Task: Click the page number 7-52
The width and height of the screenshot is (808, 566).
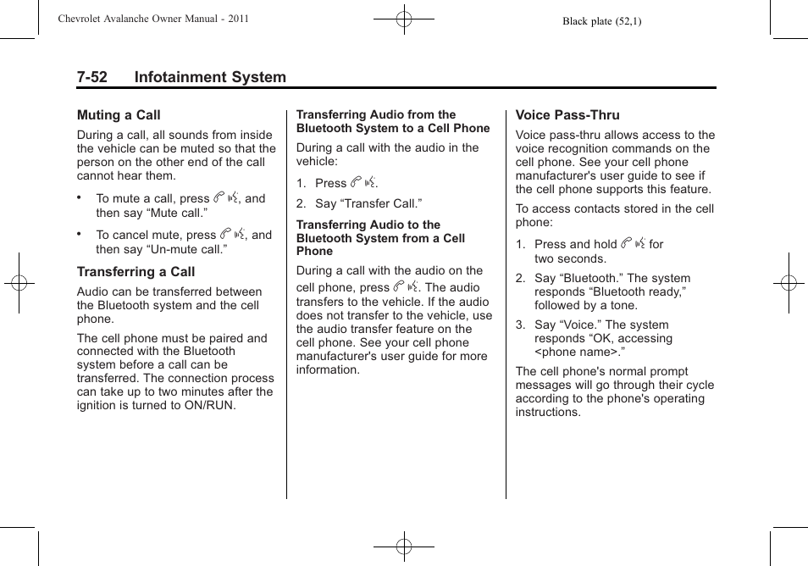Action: [91, 78]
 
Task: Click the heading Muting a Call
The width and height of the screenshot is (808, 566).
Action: [119, 115]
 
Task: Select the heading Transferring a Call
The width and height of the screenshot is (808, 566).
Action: [136, 272]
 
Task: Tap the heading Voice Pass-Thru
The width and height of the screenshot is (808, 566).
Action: [567, 115]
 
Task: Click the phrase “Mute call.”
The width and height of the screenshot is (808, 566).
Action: [169, 213]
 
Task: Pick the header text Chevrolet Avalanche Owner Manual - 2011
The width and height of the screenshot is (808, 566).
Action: [153, 19]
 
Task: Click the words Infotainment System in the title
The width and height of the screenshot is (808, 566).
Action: [210, 78]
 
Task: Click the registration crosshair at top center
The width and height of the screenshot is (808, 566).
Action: [404, 19]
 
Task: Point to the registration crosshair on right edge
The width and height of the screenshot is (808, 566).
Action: [789, 283]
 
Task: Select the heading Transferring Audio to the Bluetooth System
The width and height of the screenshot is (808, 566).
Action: [379, 238]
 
